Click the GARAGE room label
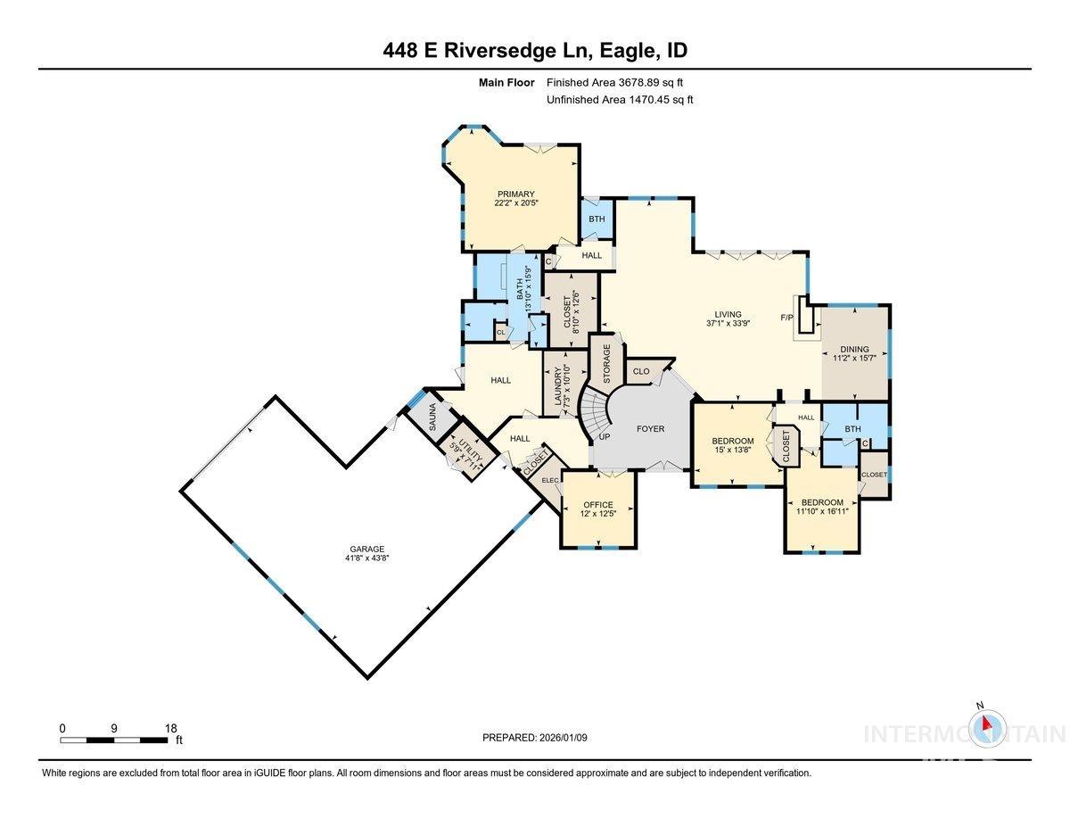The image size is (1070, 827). click(x=366, y=549)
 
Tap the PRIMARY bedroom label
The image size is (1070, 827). click(x=516, y=194)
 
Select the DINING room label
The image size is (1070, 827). click(x=853, y=350)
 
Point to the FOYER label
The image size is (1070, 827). click(x=650, y=429)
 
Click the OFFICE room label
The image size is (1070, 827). click(x=597, y=505)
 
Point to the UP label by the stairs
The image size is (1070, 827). click(x=605, y=436)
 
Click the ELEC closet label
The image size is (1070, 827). click(x=549, y=481)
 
